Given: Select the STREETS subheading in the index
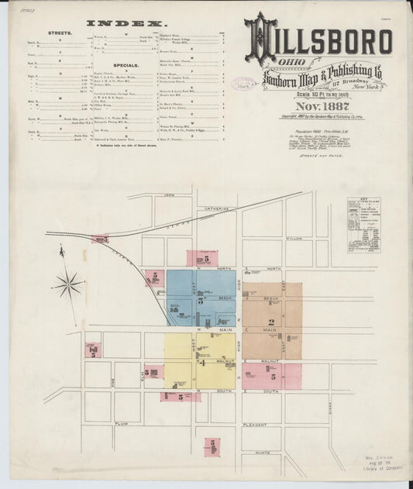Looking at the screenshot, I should pyautogui.click(x=60, y=35).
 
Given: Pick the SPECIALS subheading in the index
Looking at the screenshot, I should pyautogui.click(x=125, y=66).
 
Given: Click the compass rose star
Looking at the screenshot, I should pyautogui.click(x=68, y=284).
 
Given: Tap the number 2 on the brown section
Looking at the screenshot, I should pyautogui.click(x=271, y=322).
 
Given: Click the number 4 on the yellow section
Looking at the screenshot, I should pyautogui.click(x=201, y=362).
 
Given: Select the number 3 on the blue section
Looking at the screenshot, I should pyautogui.click(x=201, y=299).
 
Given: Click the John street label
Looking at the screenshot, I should pyautogui.click(x=168, y=197).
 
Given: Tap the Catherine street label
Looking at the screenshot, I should pyautogui.click(x=217, y=208).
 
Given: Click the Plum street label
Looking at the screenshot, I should pyautogui.click(x=120, y=425).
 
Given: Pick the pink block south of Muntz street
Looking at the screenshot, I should pyautogui.click(x=212, y=446).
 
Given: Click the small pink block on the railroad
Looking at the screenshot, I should pyautogui.click(x=99, y=239).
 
